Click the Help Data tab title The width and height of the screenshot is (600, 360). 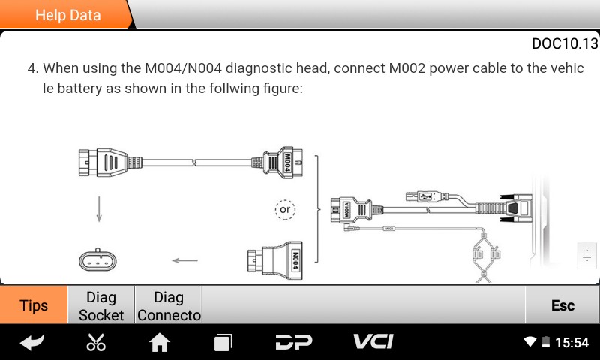pyautogui.click(x=67, y=15)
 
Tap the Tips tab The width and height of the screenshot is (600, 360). pyautogui.click(x=34, y=305)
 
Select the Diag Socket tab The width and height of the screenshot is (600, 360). pyautogui.click(x=101, y=306)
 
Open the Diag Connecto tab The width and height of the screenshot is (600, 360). pyautogui.click(x=169, y=306)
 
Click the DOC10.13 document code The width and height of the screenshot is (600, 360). pyautogui.click(x=564, y=43)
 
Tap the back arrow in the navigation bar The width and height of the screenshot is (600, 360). pyautogui.click(x=31, y=343)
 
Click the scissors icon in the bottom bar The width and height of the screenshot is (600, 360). pyautogui.click(x=96, y=343)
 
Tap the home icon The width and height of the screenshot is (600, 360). pyautogui.click(x=160, y=343)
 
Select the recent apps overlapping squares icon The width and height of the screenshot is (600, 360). pyautogui.click(x=223, y=343)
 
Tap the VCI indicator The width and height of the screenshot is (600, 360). pyautogui.click(x=373, y=342)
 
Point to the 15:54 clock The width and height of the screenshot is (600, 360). pyautogui.click(x=571, y=343)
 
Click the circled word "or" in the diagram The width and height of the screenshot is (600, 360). pyautogui.click(x=285, y=210)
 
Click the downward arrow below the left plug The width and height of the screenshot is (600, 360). pyautogui.click(x=98, y=209)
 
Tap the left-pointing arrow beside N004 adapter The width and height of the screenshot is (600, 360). pyautogui.click(x=184, y=261)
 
